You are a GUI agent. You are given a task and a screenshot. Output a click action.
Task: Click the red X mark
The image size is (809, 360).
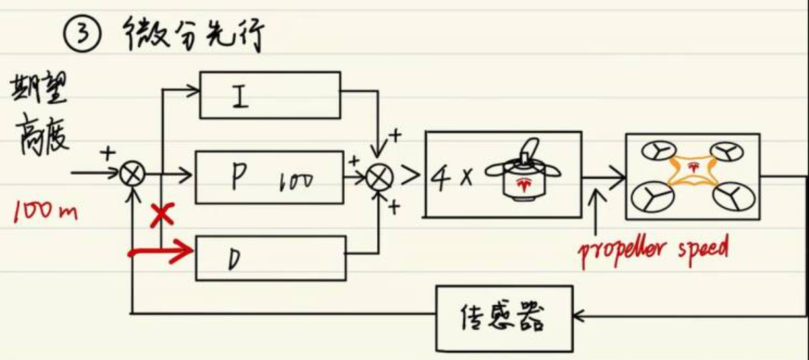click(158, 214)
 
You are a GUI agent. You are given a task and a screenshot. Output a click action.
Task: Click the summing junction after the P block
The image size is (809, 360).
click(380, 176)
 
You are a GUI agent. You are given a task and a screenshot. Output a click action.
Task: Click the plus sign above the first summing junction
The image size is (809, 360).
click(107, 154)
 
